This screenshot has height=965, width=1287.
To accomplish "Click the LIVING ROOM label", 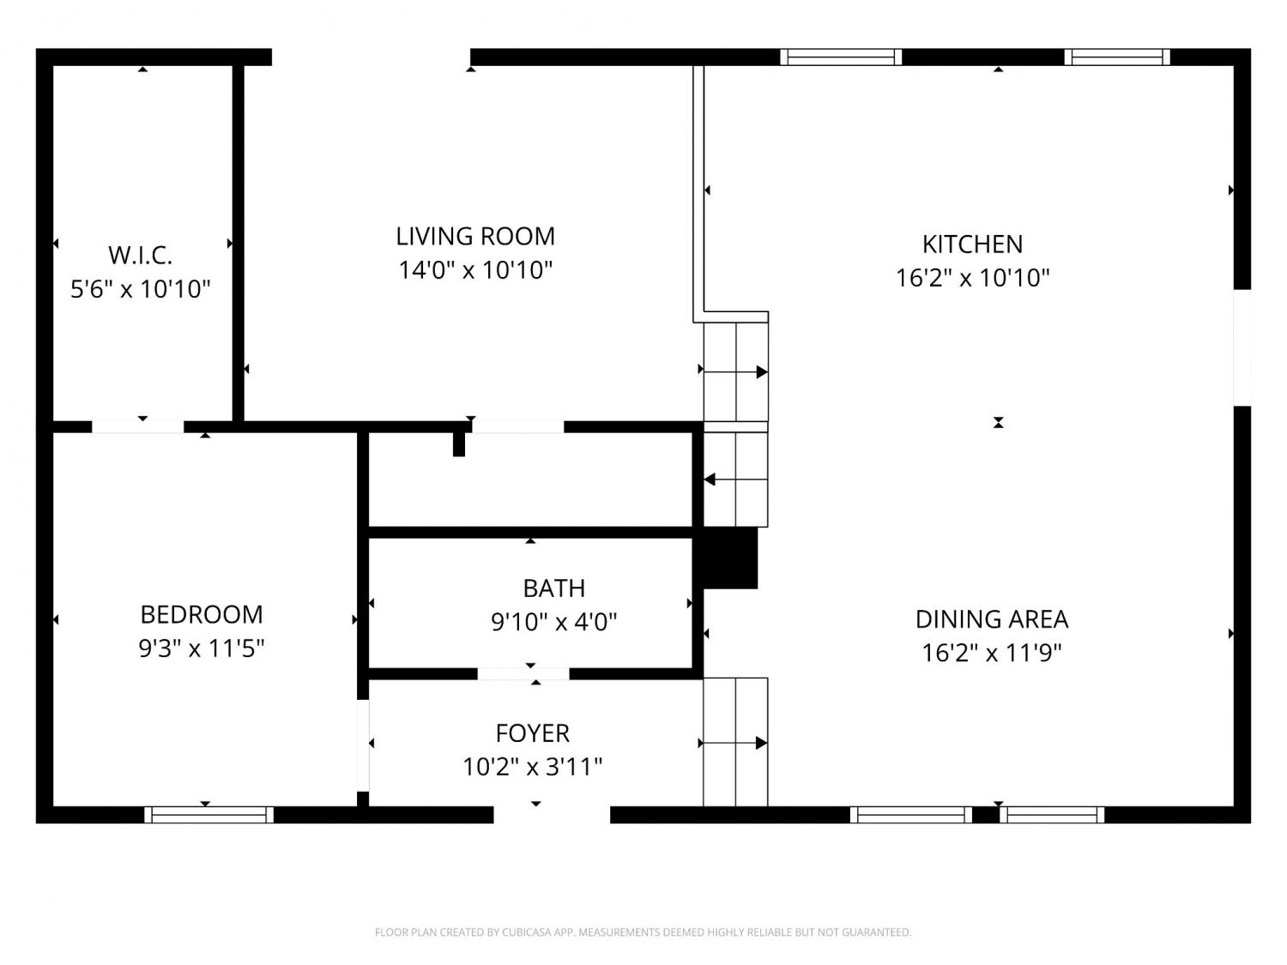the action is [x=475, y=236].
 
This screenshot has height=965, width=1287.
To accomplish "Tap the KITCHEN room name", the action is [x=972, y=244].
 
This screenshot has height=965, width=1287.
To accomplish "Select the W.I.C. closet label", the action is [x=140, y=256].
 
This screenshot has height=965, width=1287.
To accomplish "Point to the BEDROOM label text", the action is [x=202, y=615].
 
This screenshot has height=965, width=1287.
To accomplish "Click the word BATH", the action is [x=554, y=588].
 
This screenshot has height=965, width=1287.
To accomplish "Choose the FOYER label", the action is [x=533, y=733].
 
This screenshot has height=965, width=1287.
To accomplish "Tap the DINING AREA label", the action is [x=992, y=619].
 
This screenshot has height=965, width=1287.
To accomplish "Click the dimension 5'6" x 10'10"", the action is [x=140, y=289].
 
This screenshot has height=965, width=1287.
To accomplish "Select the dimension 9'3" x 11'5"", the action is [x=202, y=648].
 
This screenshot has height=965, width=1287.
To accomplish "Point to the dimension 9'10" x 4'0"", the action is [x=554, y=622].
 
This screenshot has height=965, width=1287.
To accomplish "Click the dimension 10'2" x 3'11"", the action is [x=533, y=767].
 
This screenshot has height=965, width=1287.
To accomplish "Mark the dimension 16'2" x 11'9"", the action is [x=992, y=654].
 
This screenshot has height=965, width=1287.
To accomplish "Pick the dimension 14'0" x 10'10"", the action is [x=475, y=271].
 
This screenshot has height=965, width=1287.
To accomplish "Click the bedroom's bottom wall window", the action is [x=208, y=815].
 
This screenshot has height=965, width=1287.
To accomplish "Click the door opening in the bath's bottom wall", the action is [x=523, y=674].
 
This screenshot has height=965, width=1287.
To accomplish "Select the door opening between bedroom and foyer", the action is [x=363, y=745].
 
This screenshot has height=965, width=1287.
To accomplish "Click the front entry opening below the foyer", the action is [x=552, y=815].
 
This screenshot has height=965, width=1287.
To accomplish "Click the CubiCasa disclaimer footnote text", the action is [x=643, y=932].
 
